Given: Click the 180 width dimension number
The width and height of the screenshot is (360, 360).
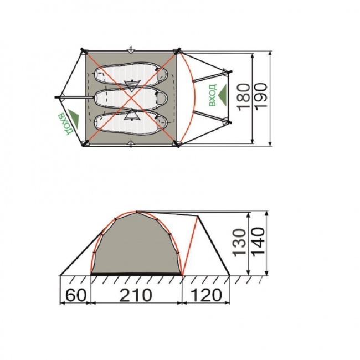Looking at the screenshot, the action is [244, 97].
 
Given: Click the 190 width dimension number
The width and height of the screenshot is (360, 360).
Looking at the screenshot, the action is [261, 95].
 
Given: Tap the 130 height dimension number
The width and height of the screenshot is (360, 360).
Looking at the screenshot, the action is [239, 243].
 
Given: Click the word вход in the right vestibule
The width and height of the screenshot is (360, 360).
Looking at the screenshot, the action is [212, 95].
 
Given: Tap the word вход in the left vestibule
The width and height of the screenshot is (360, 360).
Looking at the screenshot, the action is [66, 124].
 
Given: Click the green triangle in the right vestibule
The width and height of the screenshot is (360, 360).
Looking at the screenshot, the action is [222, 95].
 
